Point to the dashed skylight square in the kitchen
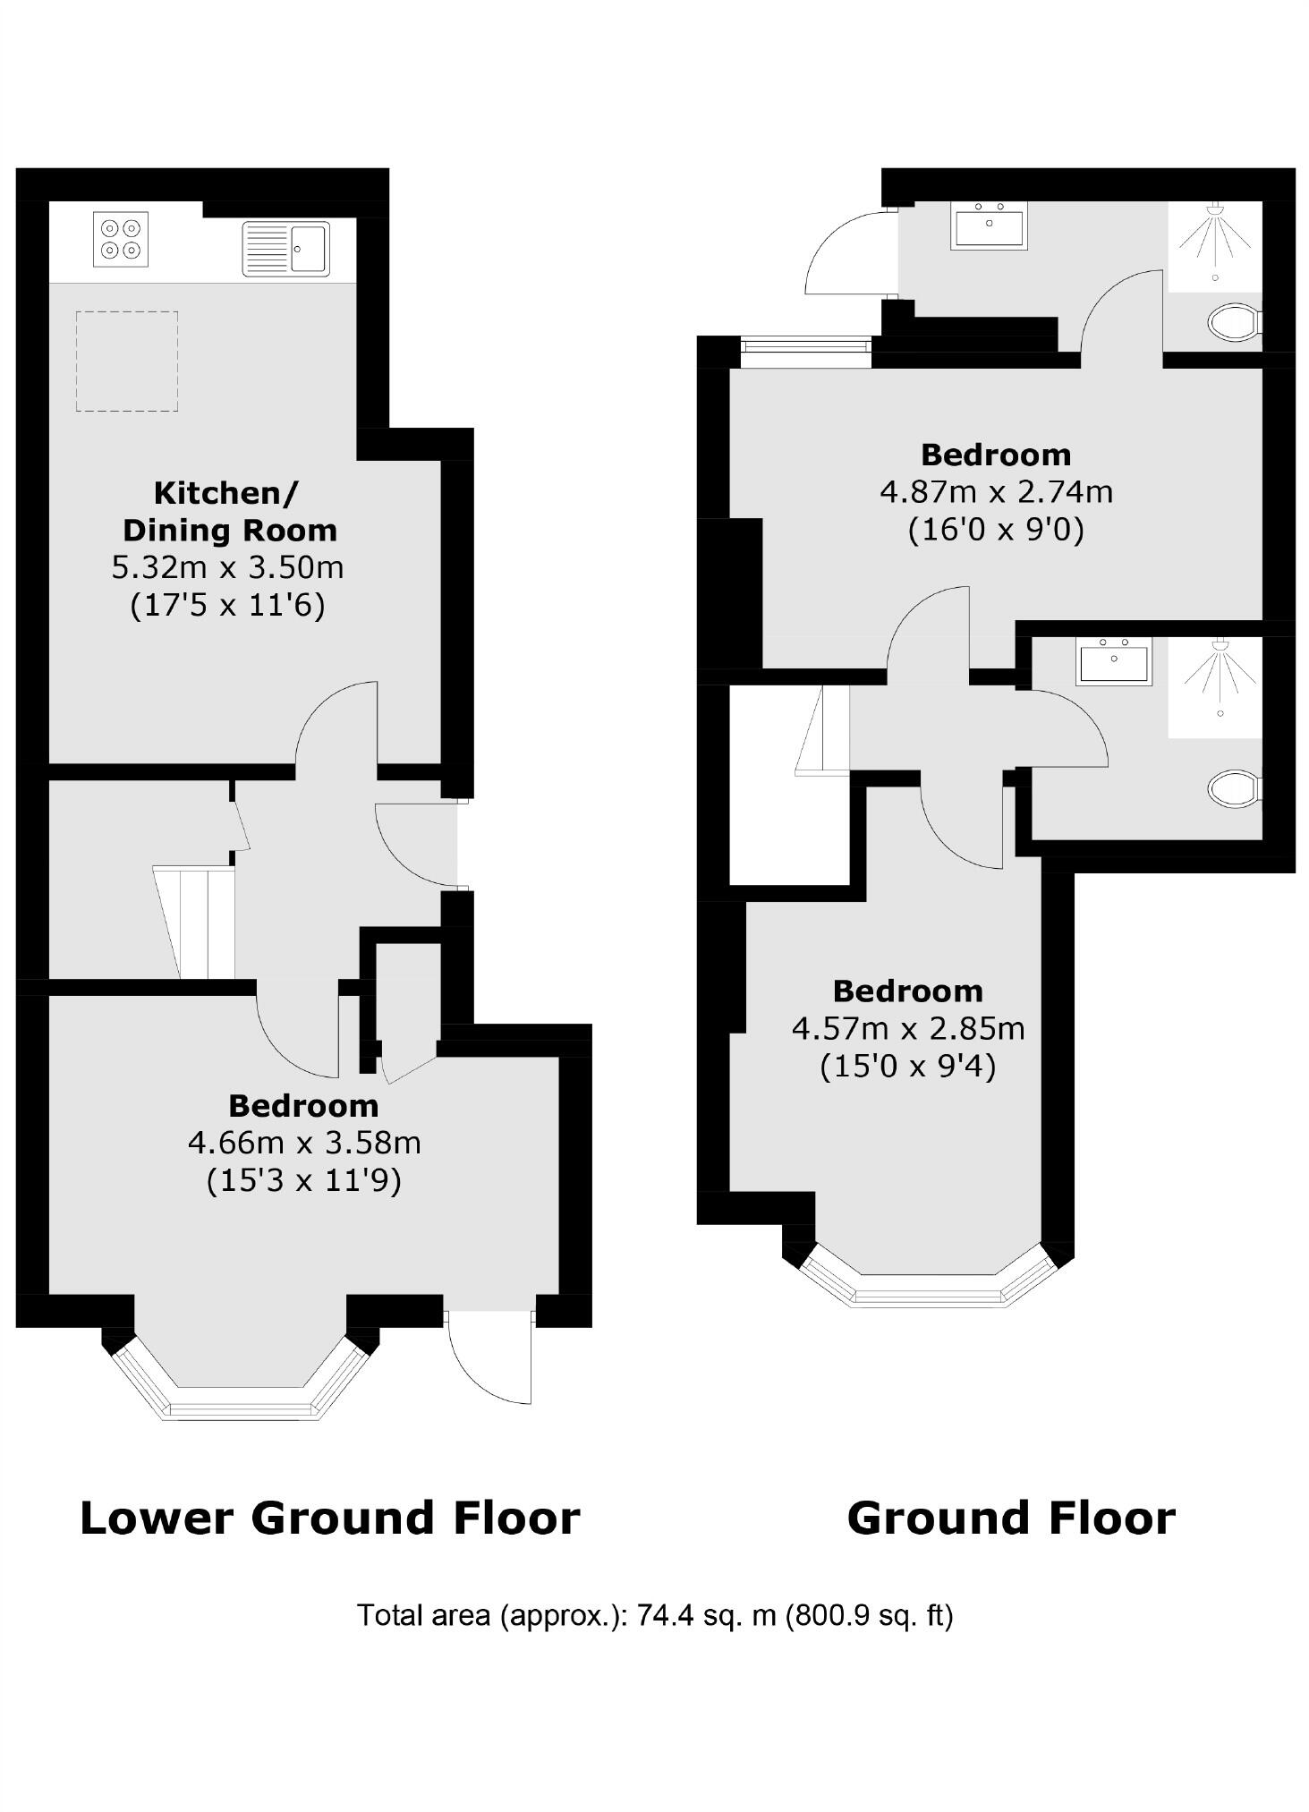[126, 362]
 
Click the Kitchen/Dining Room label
[229, 511]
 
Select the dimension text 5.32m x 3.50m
[227, 567]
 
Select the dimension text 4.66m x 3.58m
[304, 1143]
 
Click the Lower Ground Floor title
[330, 1519]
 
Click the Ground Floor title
[1011, 1519]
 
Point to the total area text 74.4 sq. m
[655, 1615]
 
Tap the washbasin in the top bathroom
[990, 225]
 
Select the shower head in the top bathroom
[1215, 211]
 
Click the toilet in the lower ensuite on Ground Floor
[1234, 789]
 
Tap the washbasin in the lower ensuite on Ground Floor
[1114, 662]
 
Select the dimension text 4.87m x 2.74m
[996, 492]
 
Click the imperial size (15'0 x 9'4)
[907, 1067]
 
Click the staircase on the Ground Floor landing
[821, 729]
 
